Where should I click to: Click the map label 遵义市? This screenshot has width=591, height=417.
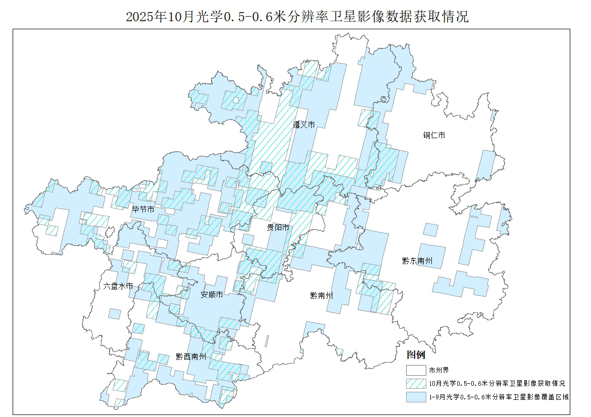304,125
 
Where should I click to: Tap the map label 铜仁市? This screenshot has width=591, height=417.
434,135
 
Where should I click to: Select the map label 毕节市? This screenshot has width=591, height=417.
143,209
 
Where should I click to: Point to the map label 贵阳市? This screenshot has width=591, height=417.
278,228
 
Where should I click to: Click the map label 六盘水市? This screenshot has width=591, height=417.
118,286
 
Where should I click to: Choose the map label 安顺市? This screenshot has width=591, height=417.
212,294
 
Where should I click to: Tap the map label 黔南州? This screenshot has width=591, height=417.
322,295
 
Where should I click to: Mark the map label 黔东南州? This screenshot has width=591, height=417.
417,261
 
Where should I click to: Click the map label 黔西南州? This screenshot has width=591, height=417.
191,356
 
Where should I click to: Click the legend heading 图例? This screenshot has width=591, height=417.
416,355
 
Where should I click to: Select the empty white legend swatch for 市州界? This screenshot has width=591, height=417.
416,370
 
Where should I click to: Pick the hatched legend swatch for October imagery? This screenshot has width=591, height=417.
416,383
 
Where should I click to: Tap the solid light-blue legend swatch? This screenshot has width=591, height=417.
416,397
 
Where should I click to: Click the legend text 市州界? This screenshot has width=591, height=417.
439,370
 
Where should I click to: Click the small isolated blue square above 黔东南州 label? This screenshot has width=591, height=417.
430,230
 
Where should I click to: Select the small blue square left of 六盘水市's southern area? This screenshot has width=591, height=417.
115,314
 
